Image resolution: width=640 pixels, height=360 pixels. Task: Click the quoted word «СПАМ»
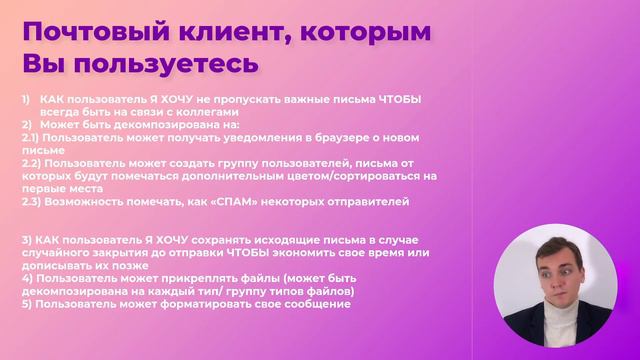pos(236,201)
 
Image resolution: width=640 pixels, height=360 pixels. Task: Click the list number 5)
pos(26,305)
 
